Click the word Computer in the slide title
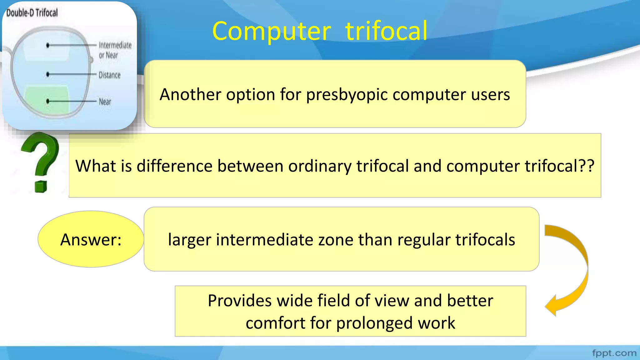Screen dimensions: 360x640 [x=271, y=31]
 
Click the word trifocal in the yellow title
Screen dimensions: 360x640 [x=386, y=31]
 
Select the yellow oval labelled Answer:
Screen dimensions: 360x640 [x=91, y=239]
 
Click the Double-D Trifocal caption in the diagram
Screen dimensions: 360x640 [x=32, y=13]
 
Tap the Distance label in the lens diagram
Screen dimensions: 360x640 [x=109, y=75]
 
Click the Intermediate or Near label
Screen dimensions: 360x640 [x=115, y=50]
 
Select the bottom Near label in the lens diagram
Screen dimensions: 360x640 [x=105, y=102]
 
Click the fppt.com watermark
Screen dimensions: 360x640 [x=614, y=353]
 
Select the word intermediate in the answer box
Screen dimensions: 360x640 [x=264, y=240]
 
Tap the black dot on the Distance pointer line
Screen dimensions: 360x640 [x=47, y=74]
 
